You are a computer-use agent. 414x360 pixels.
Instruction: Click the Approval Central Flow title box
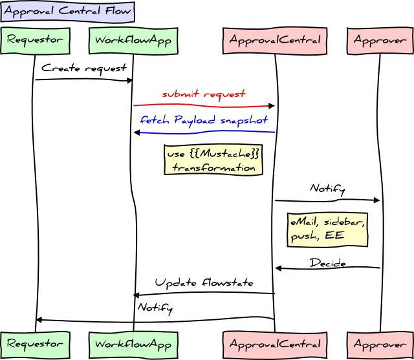(x=67, y=11)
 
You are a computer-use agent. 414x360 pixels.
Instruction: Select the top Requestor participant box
(x=35, y=40)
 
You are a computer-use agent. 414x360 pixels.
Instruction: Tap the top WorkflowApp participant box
(x=133, y=40)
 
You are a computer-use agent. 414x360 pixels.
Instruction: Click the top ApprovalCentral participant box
(x=275, y=40)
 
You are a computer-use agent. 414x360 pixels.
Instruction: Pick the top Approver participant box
(x=380, y=40)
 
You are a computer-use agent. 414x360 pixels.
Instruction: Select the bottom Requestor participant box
(x=35, y=343)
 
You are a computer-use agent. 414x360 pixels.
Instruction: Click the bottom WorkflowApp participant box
(x=133, y=343)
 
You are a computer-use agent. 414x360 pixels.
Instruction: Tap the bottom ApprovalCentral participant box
(x=275, y=343)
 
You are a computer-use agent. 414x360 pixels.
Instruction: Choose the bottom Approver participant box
(x=380, y=343)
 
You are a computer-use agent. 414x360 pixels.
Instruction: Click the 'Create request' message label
(x=84, y=68)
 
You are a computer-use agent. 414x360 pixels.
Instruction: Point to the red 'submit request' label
(x=204, y=94)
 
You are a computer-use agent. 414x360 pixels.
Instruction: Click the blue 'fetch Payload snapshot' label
(x=204, y=120)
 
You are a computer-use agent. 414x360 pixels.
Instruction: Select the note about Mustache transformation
(x=213, y=160)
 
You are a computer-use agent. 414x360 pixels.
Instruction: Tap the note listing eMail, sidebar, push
(x=327, y=229)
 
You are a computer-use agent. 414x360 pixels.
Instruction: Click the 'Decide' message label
(x=327, y=263)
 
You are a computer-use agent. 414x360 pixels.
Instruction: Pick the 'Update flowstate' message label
(x=204, y=283)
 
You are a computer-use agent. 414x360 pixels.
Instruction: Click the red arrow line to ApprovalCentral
(x=204, y=105)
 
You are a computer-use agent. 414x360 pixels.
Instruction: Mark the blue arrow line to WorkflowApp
(x=204, y=132)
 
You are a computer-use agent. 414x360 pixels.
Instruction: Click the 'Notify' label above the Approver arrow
(x=327, y=189)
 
